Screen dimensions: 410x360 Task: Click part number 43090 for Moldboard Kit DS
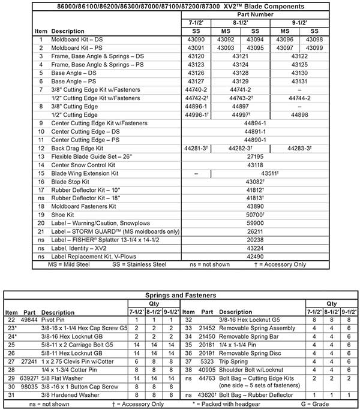point(196,40)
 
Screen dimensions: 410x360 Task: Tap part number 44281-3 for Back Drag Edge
point(196,147)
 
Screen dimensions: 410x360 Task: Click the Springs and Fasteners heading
point(180,295)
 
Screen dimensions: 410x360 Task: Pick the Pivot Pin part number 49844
point(29,320)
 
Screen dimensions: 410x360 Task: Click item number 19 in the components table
point(41,214)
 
